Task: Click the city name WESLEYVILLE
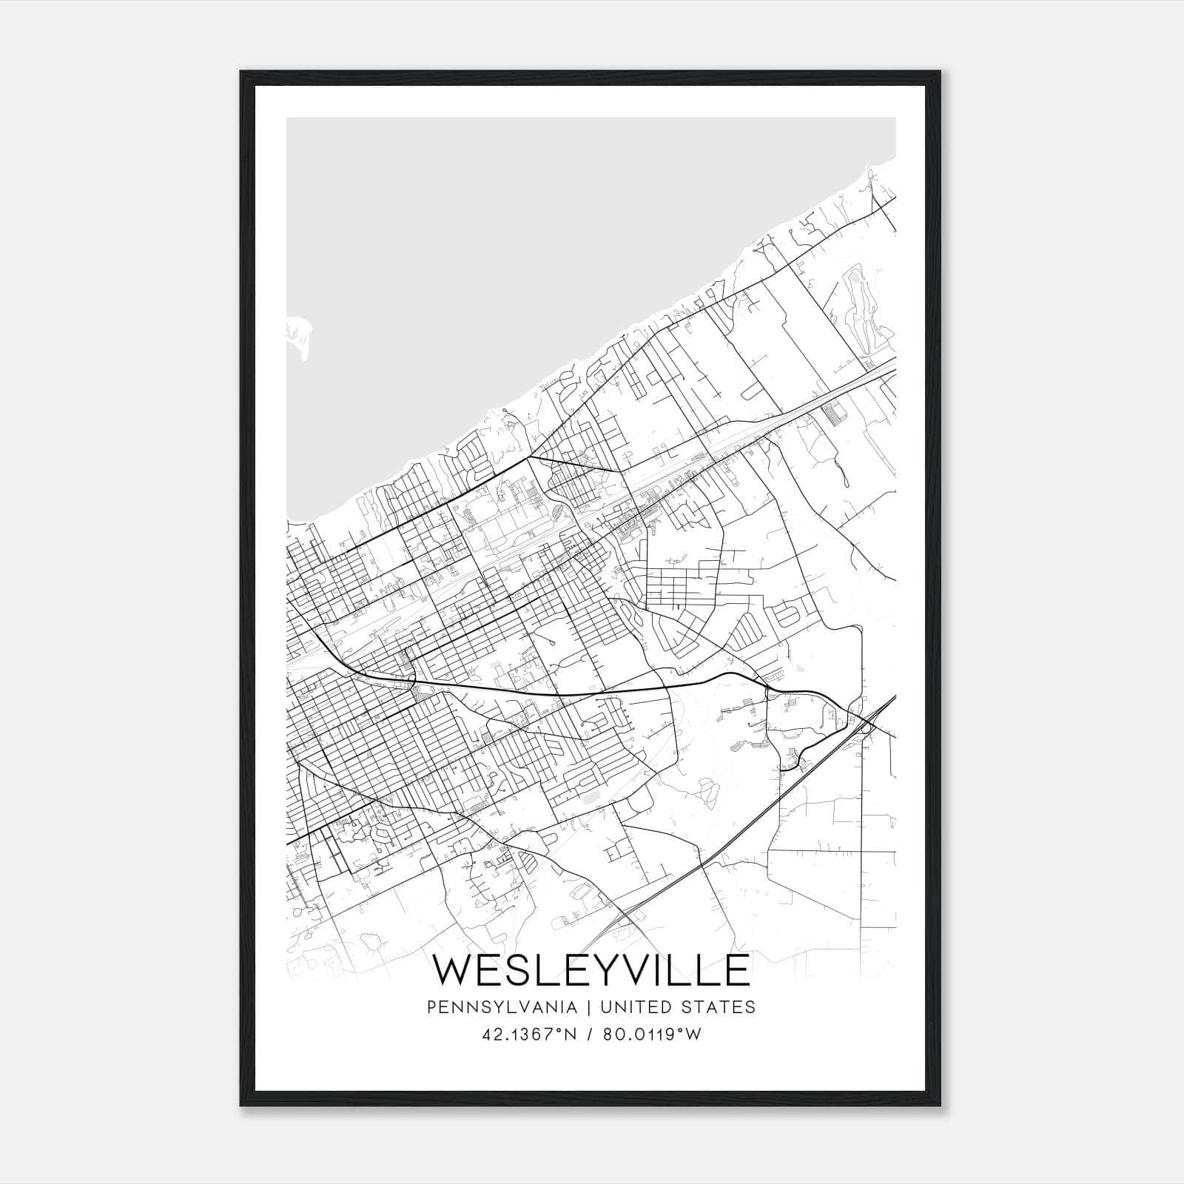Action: pos(591,970)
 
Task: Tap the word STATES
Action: pos(719,1007)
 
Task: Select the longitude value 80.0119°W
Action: pos(652,1034)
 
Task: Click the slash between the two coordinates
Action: pos(590,1034)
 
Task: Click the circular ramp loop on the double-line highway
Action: pos(867,729)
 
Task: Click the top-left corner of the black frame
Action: pos(241,73)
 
